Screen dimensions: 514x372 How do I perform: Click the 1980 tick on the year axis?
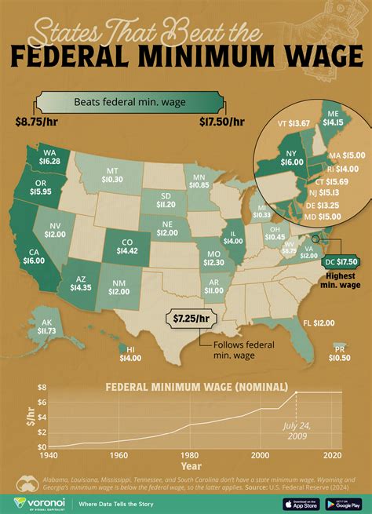pyautogui.click(x=189, y=456)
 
